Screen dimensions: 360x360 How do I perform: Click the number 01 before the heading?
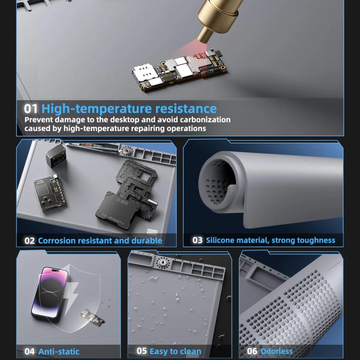pyautogui.click(x=31, y=108)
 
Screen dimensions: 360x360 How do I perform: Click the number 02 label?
pyautogui.click(x=30, y=240)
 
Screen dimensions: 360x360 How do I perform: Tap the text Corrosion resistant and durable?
pyautogui.click(x=100, y=240)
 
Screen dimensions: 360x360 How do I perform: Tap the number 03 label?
pyautogui.click(x=197, y=240)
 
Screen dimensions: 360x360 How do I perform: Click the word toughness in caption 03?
pyautogui.click(x=315, y=240)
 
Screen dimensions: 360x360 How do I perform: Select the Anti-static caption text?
pyautogui.click(x=59, y=352)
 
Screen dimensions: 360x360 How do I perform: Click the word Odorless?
pyautogui.click(x=276, y=351)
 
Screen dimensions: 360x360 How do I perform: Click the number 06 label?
pyautogui.click(x=252, y=351)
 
